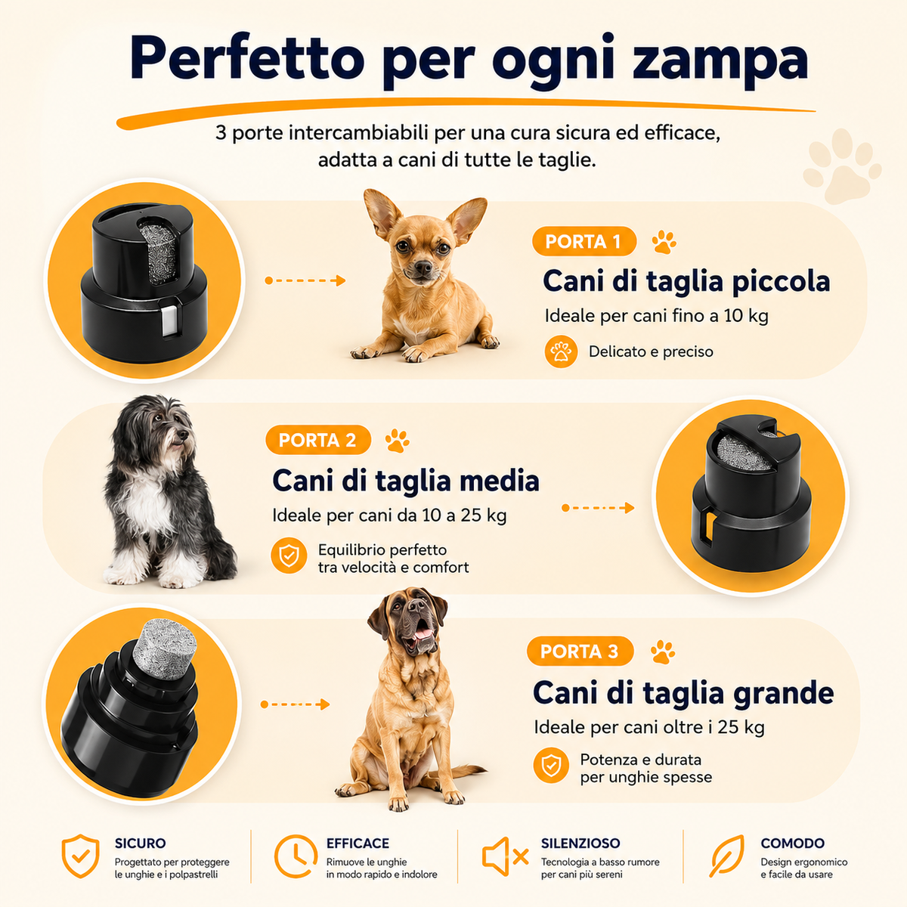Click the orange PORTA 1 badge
pyautogui.click(x=584, y=241)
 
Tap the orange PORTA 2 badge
pyautogui.click(x=318, y=440)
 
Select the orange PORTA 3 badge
pyautogui.click(x=580, y=652)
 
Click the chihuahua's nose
pyautogui.click(x=423, y=268)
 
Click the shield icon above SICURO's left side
pyautogui.click(x=80, y=856)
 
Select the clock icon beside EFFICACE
pyautogui.click(x=296, y=856)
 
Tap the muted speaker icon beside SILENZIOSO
pyautogui.click(x=505, y=856)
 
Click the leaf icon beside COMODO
pyautogui.click(x=727, y=856)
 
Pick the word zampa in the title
pyautogui.click(x=720, y=61)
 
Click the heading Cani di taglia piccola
pyautogui.click(x=686, y=281)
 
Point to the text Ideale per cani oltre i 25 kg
pyautogui.click(x=649, y=727)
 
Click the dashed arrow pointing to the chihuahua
pyautogui.click(x=305, y=280)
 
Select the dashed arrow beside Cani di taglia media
pyautogui.click(x=598, y=508)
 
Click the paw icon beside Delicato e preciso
pyautogui.click(x=561, y=351)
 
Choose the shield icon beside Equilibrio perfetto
pyautogui.click(x=289, y=556)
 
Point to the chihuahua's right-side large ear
pyautogui.click(x=466, y=218)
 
